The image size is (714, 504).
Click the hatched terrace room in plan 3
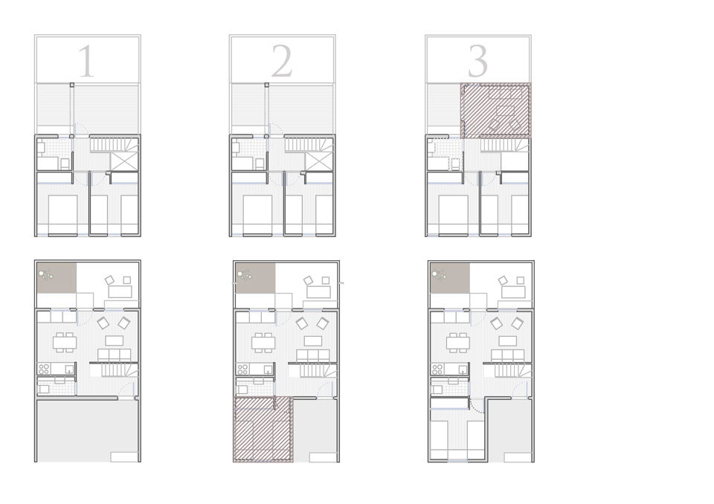pyautogui.click(x=496, y=110)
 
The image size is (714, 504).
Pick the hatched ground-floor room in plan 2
pyautogui.click(x=263, y=430)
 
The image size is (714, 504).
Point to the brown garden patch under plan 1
pyautogui.click(x=57, y=278)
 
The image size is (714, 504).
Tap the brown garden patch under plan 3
pyautogui.click(x=450, y=278)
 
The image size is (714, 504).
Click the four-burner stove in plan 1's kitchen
pyautogui.click(x=44, y=368)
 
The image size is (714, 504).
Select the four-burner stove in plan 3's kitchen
pyautogui.click(x=437, y=368)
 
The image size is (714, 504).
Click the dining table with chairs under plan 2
pyautogui.click(x=263, y=343)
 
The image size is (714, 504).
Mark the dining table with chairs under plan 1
pyautogui.click(x=65, y=343)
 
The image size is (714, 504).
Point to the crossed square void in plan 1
pyautogui.click(x=124, y=161)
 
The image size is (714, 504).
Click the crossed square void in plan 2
pyautogui.click(x=319, y=161)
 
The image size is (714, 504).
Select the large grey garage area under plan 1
pyautogui.click(x=88, y=430)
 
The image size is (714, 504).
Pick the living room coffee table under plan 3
pyautogui.click(x=508, y=340)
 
